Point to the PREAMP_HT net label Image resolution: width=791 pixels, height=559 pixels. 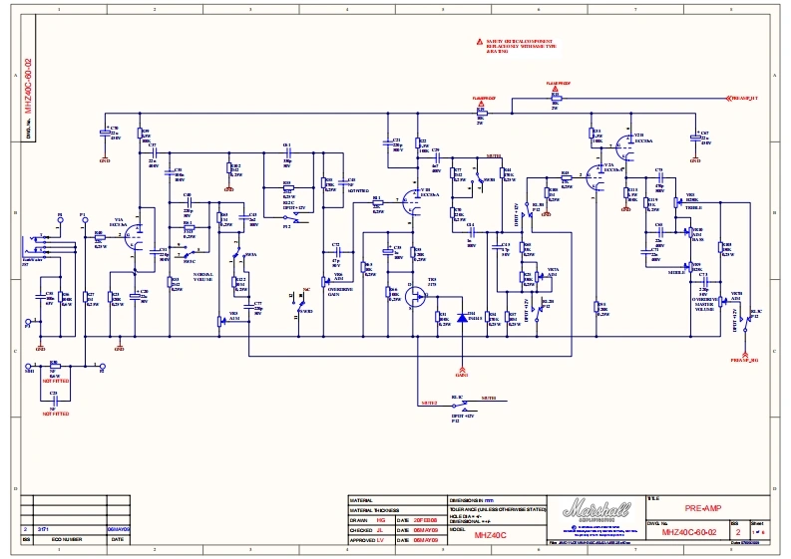[744, 99]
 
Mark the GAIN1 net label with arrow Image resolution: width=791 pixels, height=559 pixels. [461, 377]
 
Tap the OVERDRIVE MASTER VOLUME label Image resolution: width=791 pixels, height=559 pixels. [703, 301]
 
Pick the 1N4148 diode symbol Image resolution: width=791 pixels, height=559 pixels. [460, 318]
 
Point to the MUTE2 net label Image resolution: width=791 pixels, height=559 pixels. [429, 403]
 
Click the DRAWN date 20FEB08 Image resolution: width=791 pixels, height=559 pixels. [425, 520]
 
